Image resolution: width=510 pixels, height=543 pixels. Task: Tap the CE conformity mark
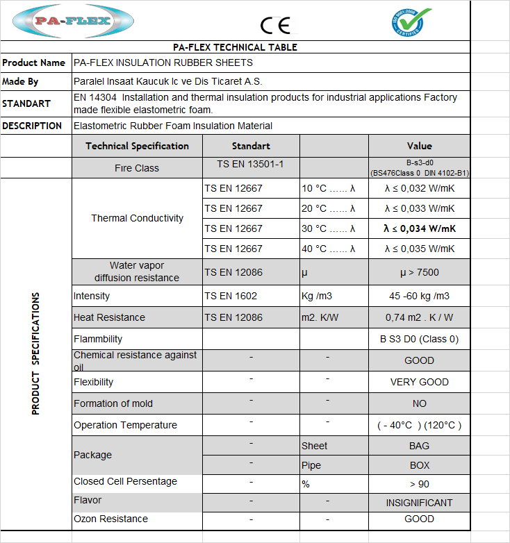pos(275,25)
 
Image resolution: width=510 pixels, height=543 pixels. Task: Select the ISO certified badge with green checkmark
pos(411,22)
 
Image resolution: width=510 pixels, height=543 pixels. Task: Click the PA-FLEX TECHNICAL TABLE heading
pos(235,47)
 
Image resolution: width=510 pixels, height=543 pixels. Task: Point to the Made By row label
pos(20,81)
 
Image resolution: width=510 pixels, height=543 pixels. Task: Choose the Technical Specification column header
pos(137,146)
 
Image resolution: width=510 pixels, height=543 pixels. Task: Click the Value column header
pos(419,146)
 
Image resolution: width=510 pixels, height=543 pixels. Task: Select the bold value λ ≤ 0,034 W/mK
pos(420,228)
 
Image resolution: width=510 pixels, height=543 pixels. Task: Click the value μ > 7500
pos(419,272)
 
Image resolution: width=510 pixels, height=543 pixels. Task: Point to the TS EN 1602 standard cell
pos(231,296)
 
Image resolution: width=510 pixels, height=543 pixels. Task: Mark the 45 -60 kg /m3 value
pos(419,296)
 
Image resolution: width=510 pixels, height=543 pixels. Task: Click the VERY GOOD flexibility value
pos(419,382)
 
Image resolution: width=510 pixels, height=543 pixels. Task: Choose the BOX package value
pos(419,465)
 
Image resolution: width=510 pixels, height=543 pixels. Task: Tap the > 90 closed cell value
pos(419,484)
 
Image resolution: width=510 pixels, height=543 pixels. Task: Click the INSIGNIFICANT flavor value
pos(419,503)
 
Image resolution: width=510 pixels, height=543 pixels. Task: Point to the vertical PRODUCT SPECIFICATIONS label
pos(36,354)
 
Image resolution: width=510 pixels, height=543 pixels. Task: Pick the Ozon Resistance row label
pos(110,519)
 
